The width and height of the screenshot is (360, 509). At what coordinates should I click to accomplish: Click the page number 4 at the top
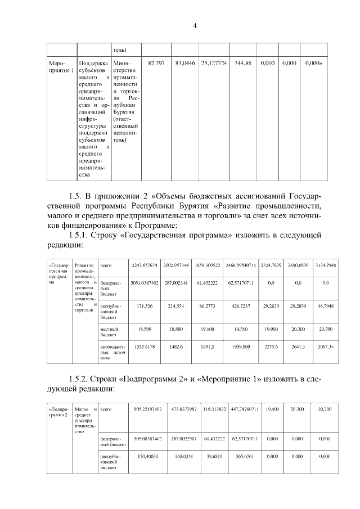195,25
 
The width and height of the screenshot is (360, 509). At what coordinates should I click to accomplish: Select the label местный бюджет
109,329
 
